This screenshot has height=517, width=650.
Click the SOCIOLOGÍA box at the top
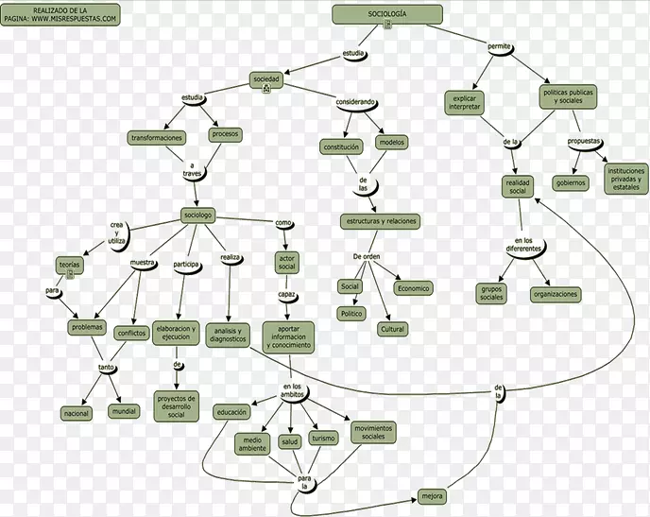[387, 14]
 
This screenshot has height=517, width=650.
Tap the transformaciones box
[156, 138]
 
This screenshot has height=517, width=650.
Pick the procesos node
[225, 134]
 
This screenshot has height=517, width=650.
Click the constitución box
[341, 147]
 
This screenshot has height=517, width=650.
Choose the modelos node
[390, 142]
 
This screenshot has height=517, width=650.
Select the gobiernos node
[571, 182]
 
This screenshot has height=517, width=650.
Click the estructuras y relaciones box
[380, 221]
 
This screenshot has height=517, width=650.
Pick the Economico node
[413, 288]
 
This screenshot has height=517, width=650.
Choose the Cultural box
[392, 329]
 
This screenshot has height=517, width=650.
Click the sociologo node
[198, 215]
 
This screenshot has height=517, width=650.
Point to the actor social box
[287, 262]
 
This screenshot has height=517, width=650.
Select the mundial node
[124, 412]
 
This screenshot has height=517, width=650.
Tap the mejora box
[433, 496]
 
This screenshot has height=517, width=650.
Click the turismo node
[324, 439]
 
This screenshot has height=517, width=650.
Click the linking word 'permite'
[499, 46]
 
